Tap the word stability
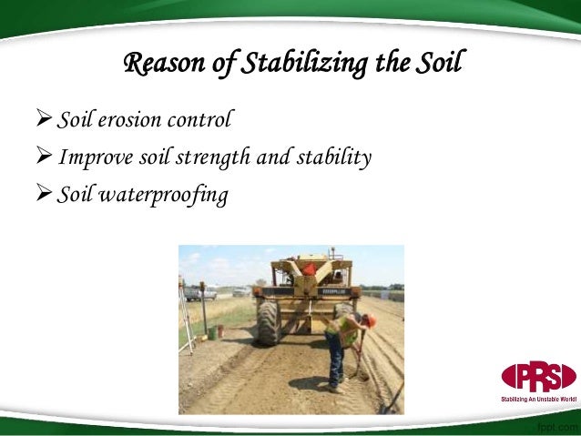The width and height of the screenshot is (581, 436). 337,158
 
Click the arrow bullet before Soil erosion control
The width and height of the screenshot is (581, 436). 44,119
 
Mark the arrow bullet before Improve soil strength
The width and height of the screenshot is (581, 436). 44,157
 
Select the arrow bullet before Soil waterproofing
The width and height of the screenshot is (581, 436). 44,195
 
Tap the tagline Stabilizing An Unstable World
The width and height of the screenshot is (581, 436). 538,399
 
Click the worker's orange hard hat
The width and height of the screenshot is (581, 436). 370,320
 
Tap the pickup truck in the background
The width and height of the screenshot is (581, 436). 199,293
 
